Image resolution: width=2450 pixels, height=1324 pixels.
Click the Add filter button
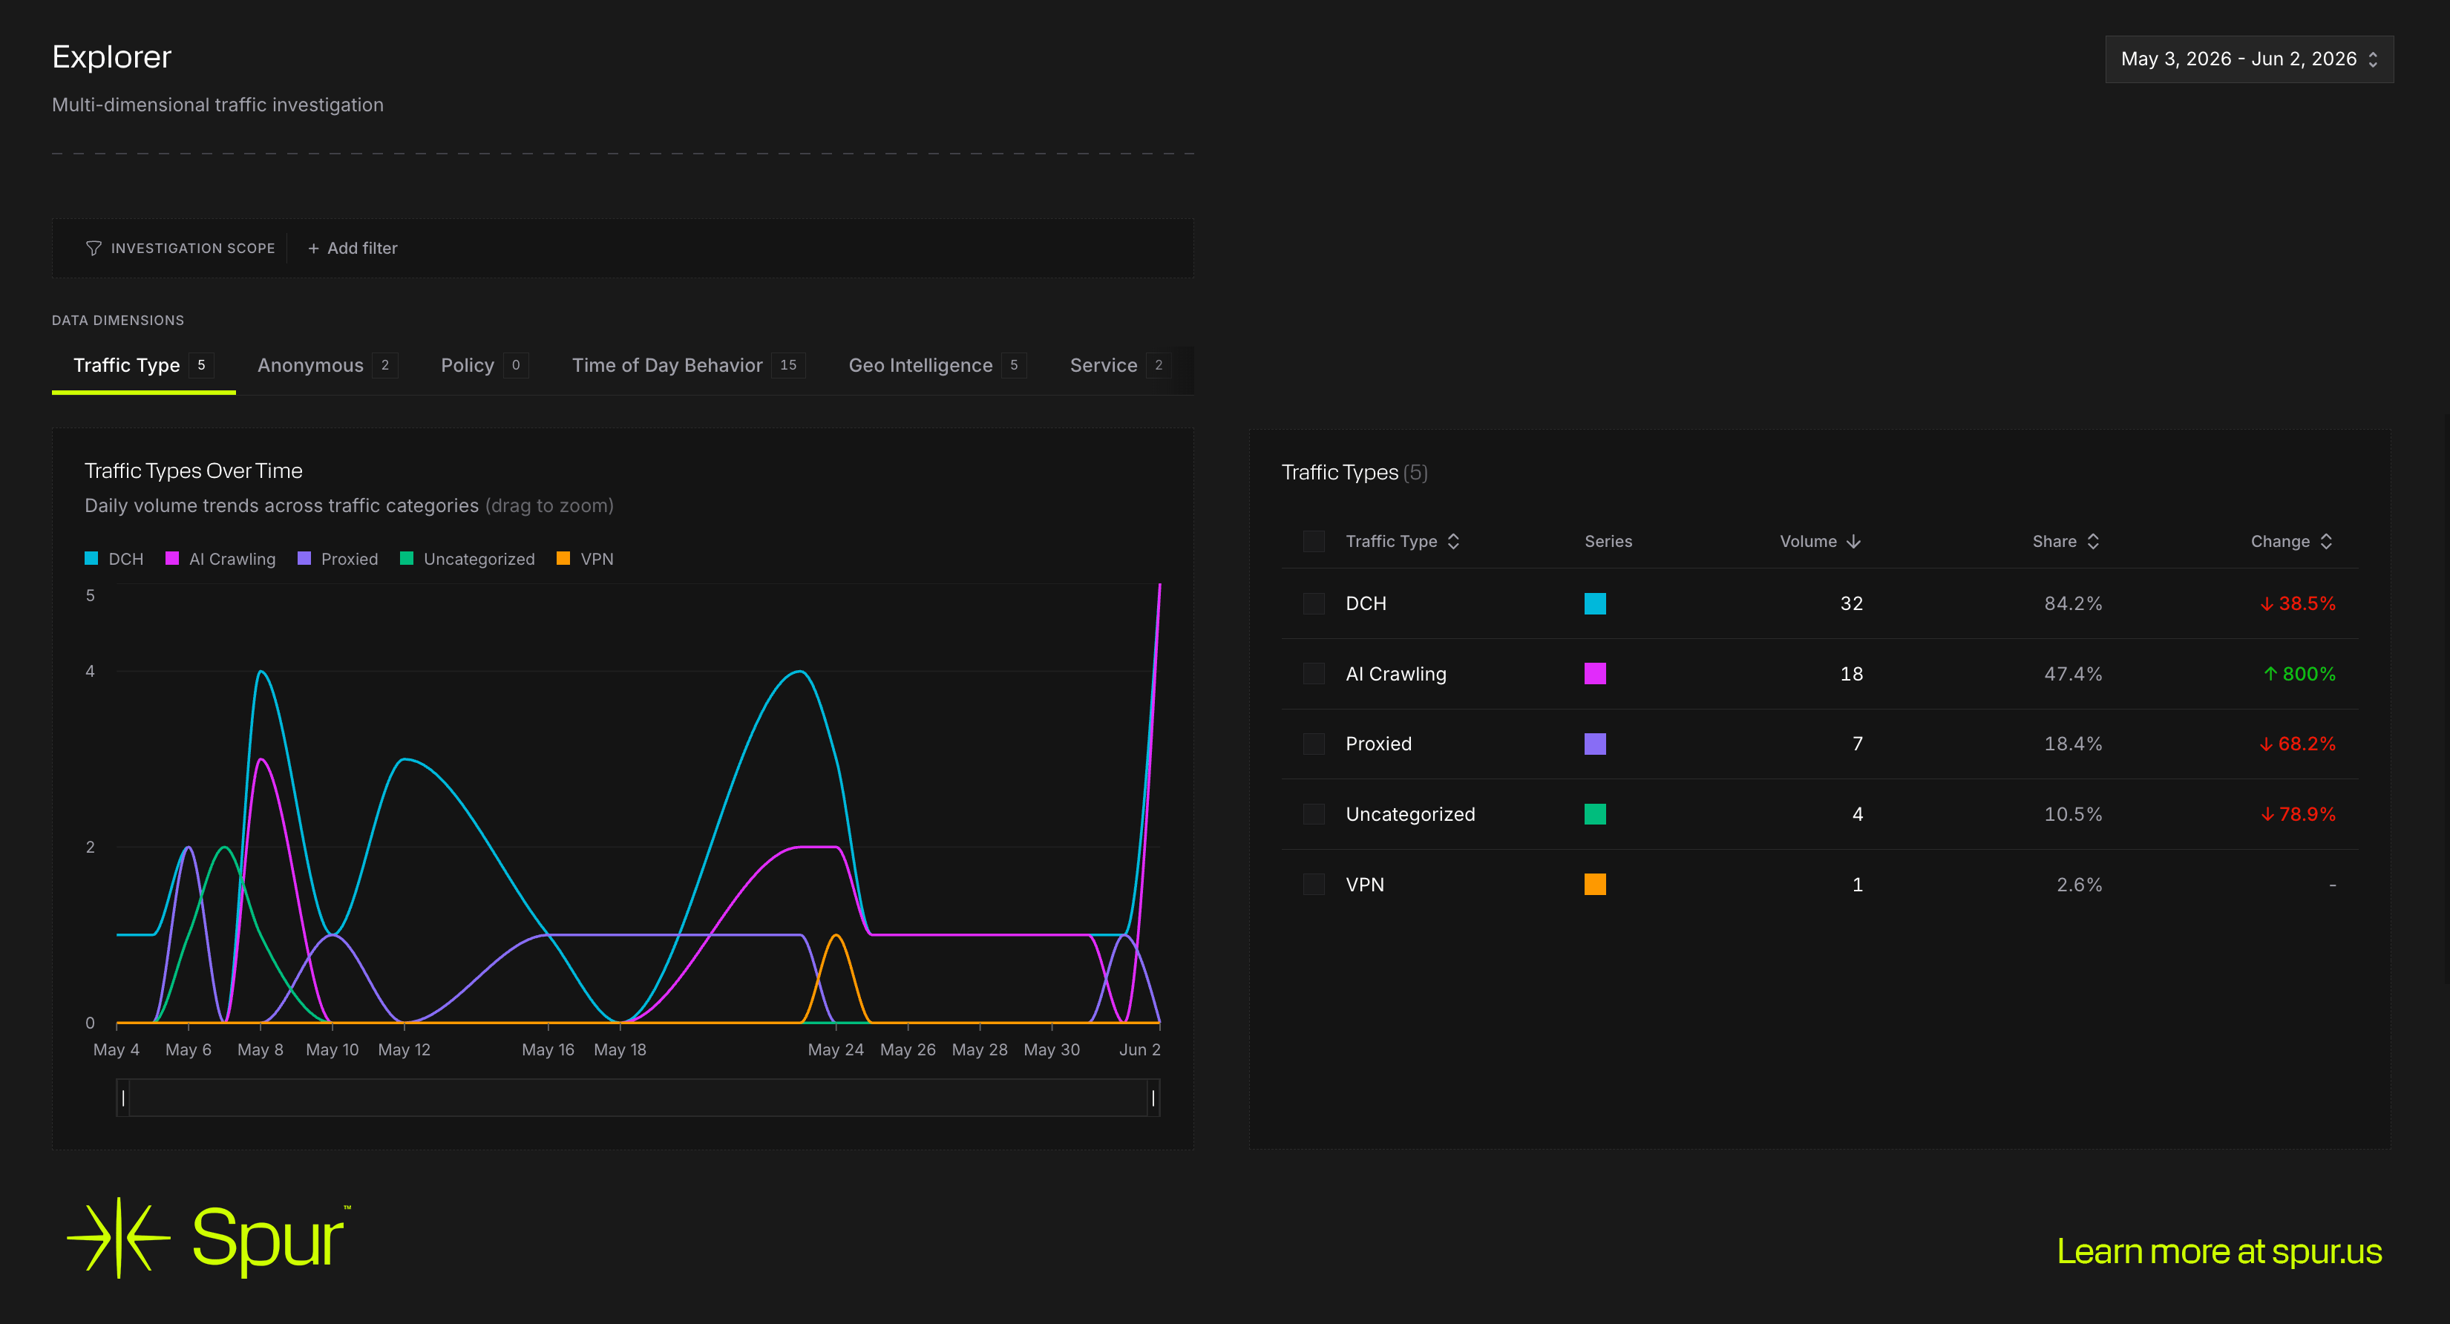tap(352, 248)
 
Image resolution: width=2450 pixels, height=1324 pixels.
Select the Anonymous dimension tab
tap(327, 365)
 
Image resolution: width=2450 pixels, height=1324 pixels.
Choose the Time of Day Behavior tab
tap(687, 365)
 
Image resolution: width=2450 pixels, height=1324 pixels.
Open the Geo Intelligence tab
tap(937, 365)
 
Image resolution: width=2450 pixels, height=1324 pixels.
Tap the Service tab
tap(1119, 365)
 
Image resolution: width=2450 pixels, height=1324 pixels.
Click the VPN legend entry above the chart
tap(585, 558)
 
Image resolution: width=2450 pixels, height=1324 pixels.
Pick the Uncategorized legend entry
tap(468, 558)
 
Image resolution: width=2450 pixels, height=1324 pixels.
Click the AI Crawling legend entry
tap(220, 558)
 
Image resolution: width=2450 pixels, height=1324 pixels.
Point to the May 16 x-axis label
tap(548, 1049)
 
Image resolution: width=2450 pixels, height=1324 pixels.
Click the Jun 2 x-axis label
tap(1139, 1049)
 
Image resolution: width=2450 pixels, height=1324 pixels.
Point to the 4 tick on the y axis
tap(91, 672)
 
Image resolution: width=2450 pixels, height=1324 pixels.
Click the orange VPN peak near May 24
tap(836, 936)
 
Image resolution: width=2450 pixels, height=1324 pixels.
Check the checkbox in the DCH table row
tap(1314, 603)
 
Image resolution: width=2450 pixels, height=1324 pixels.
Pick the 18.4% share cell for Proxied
tap(2074, 744)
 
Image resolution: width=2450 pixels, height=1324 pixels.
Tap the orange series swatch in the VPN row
tap(1595, 885)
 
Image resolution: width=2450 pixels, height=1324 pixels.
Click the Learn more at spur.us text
tap(2219, 1252)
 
